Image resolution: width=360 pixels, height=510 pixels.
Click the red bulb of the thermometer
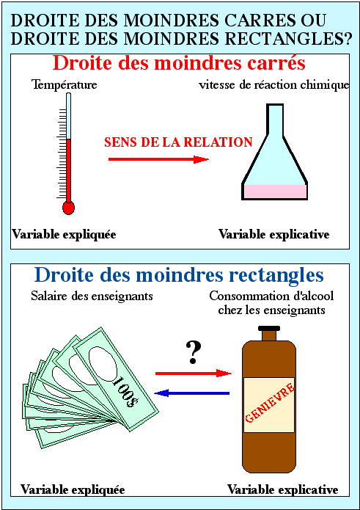click(x=68, y=208)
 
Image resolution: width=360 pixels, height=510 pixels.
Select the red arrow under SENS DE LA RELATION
click(x=158, y=159)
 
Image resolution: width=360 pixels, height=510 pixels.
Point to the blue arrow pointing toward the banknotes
click(x=191, y=393)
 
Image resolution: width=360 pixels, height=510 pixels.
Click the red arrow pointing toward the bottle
click(x=194, y=373)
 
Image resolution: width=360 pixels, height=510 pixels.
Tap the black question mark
click(x=194, y=353)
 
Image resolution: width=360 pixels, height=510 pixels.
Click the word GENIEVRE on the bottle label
click(x=270, y=403)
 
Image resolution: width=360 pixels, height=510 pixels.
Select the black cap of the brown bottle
click(x=268, y=328)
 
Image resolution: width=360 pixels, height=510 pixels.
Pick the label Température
click(x=65, y=85)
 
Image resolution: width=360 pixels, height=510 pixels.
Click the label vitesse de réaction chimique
click(x=274, y=85)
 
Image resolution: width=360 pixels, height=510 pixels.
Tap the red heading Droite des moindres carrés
click(x=179, y=64)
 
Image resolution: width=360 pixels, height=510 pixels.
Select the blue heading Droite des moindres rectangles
click(x=179, y=275)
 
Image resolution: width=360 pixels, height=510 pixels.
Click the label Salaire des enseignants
click(x=92, y=296)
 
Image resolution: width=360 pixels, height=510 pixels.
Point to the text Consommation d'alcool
click(x=271, y=296)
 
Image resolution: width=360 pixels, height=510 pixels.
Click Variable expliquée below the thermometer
click(x=64, y=235)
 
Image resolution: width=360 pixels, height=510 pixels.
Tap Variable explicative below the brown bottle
click(x=282, y=489)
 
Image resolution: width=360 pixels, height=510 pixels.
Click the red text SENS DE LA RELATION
click(x=178, y=142)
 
